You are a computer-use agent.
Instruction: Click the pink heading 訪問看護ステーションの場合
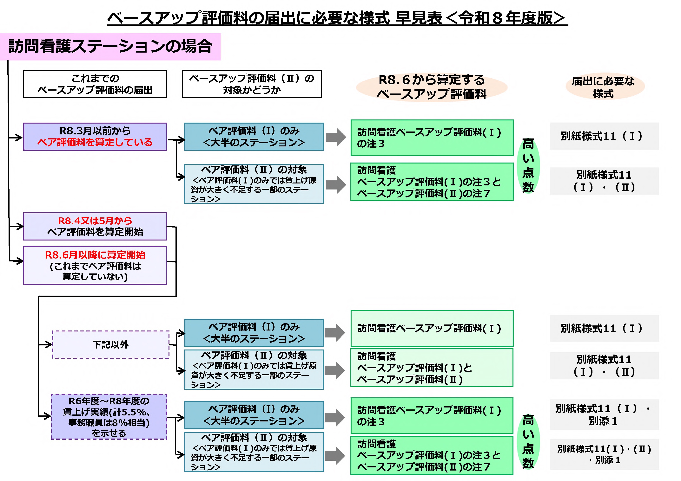coord(110,47)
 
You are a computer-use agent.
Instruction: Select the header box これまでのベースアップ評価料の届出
coord(95,84)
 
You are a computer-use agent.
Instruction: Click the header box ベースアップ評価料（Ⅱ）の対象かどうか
coord(252,84)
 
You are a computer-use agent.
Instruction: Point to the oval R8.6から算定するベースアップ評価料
coord(432,87)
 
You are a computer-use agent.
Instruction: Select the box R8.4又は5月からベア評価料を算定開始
coord(95,226)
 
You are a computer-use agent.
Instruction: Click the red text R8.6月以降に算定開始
coord(95,255)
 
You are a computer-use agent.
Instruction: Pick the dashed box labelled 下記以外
coord(111,345)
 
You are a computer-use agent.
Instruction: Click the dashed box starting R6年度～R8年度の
coord(109,417)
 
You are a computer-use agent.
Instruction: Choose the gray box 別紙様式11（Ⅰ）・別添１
coord(604,415)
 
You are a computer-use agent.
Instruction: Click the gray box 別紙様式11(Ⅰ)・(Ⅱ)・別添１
coord(604,454)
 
